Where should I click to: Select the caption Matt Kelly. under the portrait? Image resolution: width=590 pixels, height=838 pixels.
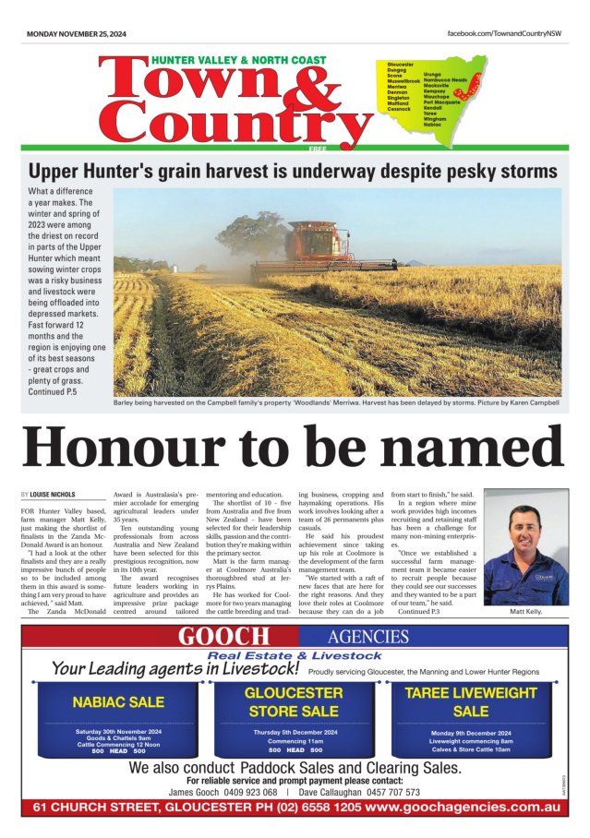(526, 611)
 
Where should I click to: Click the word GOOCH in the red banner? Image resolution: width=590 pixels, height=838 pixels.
(224, 636)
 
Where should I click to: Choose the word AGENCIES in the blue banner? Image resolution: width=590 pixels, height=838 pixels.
(367, 636)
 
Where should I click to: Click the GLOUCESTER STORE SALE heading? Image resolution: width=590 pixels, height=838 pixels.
(294, 700)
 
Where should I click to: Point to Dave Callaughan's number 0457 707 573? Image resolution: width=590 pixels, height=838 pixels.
(387, 792)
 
